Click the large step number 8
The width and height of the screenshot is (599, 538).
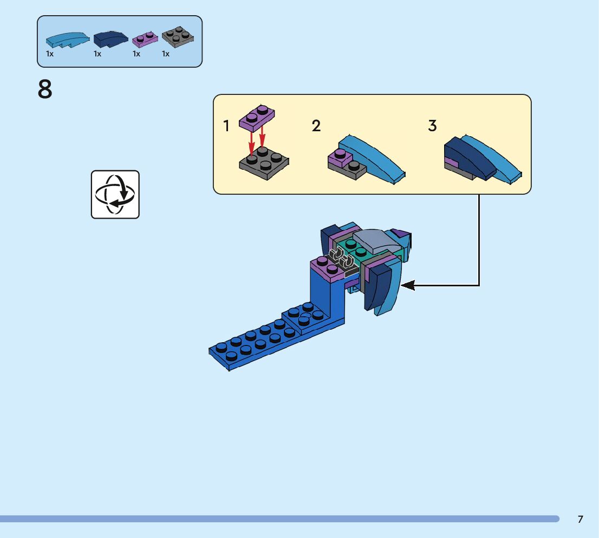click(45, 89)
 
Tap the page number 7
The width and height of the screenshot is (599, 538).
click(581, 519)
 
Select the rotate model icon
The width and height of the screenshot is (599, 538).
click(115, 194)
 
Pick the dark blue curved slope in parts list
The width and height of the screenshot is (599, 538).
click(110, 39)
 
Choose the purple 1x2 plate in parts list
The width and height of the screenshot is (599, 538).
click(145, 38)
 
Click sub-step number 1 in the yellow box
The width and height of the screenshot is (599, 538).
click(226, 126)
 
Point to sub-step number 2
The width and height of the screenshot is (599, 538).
click(316, 126)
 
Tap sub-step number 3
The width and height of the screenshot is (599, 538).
click(432, 126)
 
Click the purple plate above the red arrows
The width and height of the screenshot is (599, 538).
click(257, 118)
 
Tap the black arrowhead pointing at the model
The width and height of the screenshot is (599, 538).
click(408, 285)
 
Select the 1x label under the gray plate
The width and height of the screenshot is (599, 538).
click(166, 54)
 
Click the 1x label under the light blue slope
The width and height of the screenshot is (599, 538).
click(50, 54)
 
